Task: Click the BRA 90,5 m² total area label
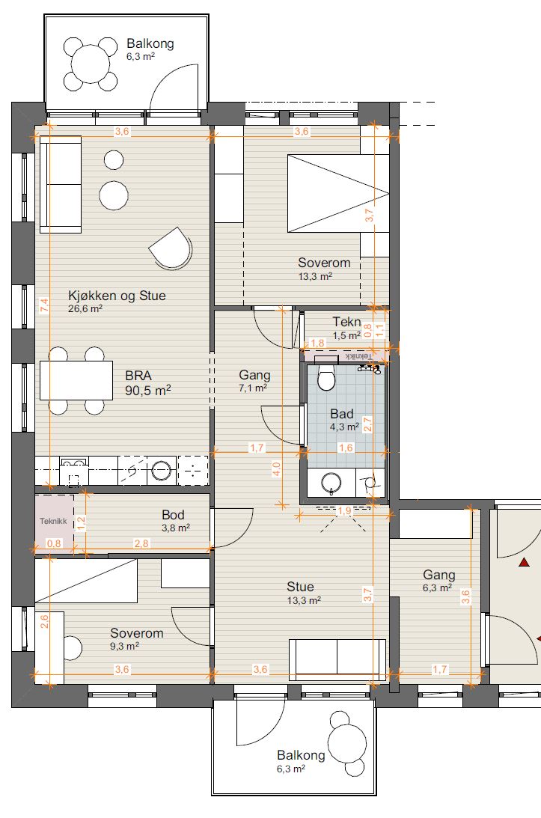148,383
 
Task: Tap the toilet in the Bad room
326,377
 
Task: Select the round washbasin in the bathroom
331,483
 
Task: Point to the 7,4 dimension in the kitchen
44,305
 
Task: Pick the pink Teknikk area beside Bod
54,521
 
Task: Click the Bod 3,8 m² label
175,521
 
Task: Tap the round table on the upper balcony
91,64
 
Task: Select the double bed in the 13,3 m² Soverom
338,193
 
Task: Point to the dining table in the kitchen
76,380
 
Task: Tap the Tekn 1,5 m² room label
347,328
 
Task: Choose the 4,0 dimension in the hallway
277,469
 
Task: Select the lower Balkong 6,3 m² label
301,761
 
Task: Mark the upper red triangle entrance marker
524,562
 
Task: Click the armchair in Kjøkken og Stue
171,249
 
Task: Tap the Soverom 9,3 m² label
137,639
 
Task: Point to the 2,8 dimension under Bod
141,543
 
